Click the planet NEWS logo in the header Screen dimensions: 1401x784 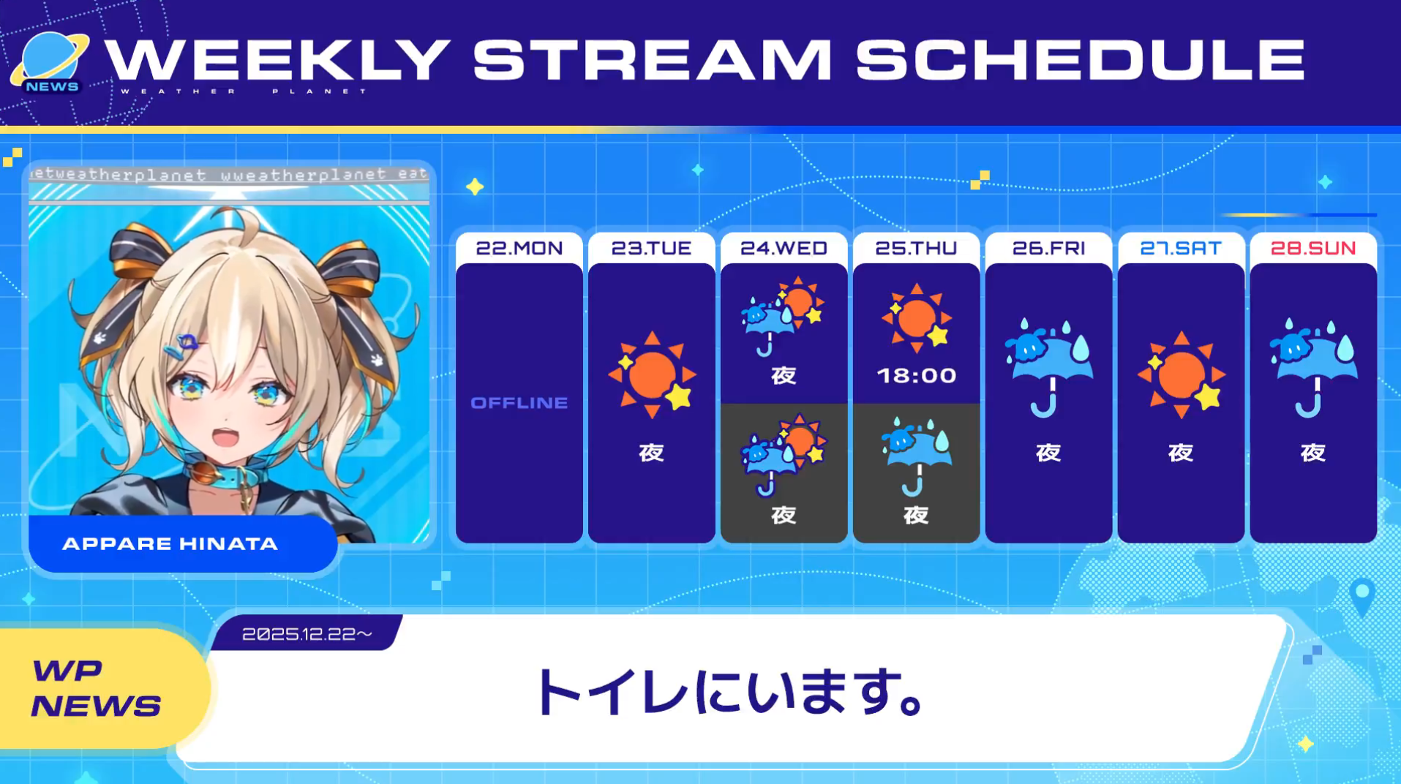coord(50,64)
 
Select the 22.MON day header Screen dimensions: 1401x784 coord(519,248)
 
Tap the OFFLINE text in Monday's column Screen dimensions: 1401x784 coord(519,402)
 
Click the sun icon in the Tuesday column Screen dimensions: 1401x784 coord(651,374)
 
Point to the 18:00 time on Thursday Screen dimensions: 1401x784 coord(916,375)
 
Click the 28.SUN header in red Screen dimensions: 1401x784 coord(1313,248)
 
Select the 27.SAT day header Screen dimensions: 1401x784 coord(1181,248)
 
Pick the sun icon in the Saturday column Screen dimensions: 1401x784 coord(1181,374)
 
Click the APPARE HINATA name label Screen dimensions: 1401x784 coord(170,543)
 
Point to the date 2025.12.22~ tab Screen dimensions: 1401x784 coord(307,633)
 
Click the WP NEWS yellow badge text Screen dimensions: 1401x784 coord(95,688)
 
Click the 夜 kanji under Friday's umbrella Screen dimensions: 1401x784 coord(1048,453)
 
